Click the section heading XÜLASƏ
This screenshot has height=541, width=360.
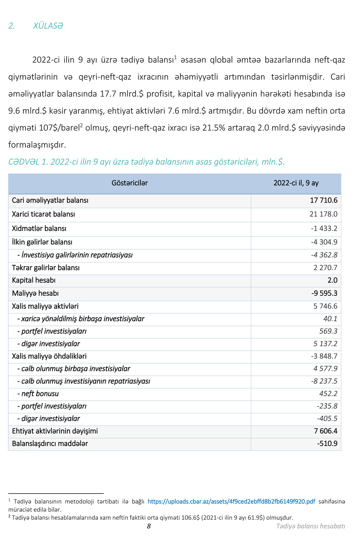[x=48, y=26]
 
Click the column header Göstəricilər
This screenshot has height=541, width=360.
[x=130, y=183]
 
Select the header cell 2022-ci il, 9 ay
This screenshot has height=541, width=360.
[x=296, y=183]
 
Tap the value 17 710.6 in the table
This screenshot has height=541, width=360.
[x=324, y=200]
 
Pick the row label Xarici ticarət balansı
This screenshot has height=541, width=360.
[x=44, y=214]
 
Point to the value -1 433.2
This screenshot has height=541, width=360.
[x=324, y=228]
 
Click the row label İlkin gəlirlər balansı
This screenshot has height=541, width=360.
[x=42, y=242]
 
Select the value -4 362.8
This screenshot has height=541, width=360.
[x=324, y=255]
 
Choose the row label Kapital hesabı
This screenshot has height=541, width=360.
[x=34, y=280]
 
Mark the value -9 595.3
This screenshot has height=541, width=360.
[x=324, y=294]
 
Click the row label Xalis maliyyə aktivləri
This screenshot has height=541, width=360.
[x=45, y=306]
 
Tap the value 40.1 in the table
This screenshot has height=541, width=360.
[x=330, y=319]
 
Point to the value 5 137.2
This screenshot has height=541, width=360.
[x=325, y=344]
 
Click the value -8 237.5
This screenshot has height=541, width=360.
[x=324, y=381]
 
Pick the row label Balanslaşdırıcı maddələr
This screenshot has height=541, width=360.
[x=50, y=444]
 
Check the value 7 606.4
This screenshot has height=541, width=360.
[x=325, y=431]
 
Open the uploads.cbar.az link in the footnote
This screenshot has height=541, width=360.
[x=231, y=501]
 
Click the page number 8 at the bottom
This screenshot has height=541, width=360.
[x=149, y=526]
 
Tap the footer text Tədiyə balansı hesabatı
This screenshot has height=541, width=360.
[x=310, y=526]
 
